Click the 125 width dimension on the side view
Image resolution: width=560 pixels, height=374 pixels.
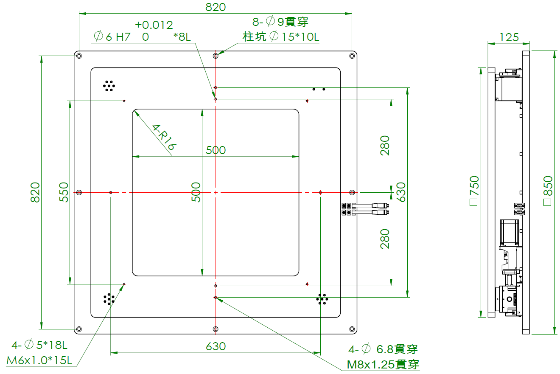coord(509,37)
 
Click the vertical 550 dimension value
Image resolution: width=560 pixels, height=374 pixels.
coord(63,192)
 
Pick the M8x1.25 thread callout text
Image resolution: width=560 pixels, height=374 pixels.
coord(383,364)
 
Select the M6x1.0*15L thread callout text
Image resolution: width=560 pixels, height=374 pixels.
coord(40,360)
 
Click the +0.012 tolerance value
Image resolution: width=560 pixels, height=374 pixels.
coord(154,25)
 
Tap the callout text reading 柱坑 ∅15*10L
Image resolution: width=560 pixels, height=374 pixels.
coord(281,37)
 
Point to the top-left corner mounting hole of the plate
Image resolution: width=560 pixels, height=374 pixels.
coord(79,56)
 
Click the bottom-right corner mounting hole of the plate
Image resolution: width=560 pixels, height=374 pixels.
coord(352,329)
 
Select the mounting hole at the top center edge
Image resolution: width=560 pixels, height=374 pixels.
coord(216,56)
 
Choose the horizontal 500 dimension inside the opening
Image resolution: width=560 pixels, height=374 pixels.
coord(216,150)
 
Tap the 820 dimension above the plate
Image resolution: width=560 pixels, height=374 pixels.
coord(216,7)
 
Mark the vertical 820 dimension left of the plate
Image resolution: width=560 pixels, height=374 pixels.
coord(35,192)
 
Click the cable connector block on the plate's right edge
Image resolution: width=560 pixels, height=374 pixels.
coord(347,209)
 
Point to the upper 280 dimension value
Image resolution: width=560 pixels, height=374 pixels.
coord(385,145)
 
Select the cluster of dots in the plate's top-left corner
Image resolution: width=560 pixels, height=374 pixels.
coord(109,86)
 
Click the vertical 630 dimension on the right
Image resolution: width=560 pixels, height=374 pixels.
coord(400,192)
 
